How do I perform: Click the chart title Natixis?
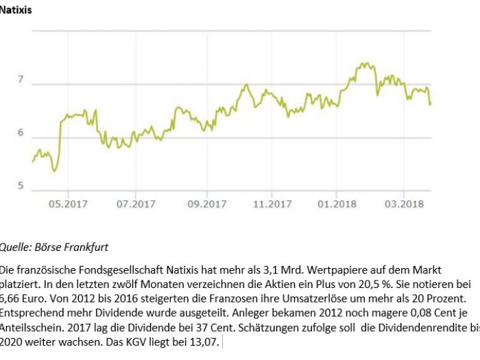click(x=16, y=11)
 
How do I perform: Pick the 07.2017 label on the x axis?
click(x=136, y=204)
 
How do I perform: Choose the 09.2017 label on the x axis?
click(x=206, y=204)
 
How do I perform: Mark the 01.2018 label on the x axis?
click(x=337, y=204)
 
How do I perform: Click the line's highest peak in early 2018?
click(x=363, y=64)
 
